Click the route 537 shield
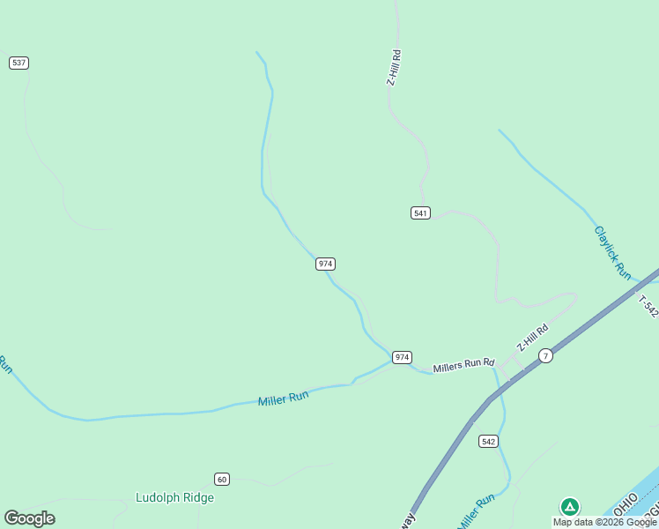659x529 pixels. tap(19, 63)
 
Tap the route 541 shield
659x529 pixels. tap(420, 212)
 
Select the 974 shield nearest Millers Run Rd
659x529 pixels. tap(402, 357)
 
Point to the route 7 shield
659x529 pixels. tap(546, 355)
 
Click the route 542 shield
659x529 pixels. tap(489, 440)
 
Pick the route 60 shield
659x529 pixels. tap(221, 479)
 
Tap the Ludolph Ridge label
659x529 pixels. tap(174, 497)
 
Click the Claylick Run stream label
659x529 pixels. tap(612, 252)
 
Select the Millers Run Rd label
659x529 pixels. tap(464, 364)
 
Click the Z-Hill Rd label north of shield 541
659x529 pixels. tap(395, 67)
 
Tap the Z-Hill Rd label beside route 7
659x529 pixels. tap(532, 338)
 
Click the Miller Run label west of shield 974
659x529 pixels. tap(283, 399)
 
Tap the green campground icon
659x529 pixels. tap(570, 506)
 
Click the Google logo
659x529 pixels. tap(29, 518)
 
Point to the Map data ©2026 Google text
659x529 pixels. tap(604, 522)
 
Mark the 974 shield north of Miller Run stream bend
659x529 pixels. tap(325, 264)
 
